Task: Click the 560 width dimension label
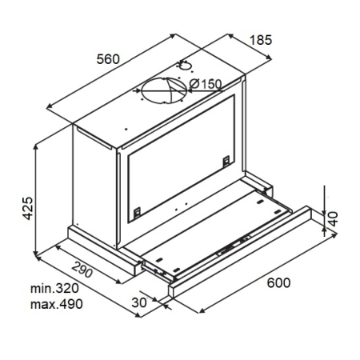coord(108,59)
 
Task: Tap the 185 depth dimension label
coord(261,40)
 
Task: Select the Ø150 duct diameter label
coord(206,84)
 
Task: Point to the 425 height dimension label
coord(28,208)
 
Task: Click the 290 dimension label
coord(82,270)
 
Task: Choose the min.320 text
coord(54,288)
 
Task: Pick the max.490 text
coord(57,304)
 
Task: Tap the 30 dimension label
coord(139,302)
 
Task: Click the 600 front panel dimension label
coord(278,282)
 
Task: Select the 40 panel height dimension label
coord(333,218)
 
